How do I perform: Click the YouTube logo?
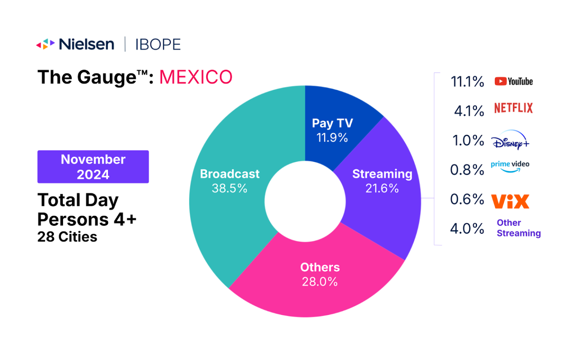tap(513, 81)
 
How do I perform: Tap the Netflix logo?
tap(513, 108)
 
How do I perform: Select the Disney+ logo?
tap(510, 141)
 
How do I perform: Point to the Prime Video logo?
tap(510, 166)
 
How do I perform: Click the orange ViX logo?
tap(510, 201)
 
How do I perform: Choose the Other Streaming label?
tap(518, 228)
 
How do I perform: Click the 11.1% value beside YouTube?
tap(467, 82)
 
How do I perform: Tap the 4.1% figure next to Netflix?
tap(469, 111)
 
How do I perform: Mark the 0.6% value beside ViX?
tap(467, 199)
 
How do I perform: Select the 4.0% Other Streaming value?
tap(467, 228)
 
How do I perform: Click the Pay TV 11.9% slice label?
tap(332, 130)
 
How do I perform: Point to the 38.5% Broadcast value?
tap(229, 188)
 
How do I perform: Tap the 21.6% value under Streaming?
tap(382, 188)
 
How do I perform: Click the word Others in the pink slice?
tap(320, 267)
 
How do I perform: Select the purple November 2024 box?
tap(93, 167)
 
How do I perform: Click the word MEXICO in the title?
tap(196, 77)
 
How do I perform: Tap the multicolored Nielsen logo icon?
tap(45, 44)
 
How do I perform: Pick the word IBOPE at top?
tap(158, 45)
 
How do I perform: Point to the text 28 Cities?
tap(67, 237)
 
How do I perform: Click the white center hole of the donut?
tap(305, 201)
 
